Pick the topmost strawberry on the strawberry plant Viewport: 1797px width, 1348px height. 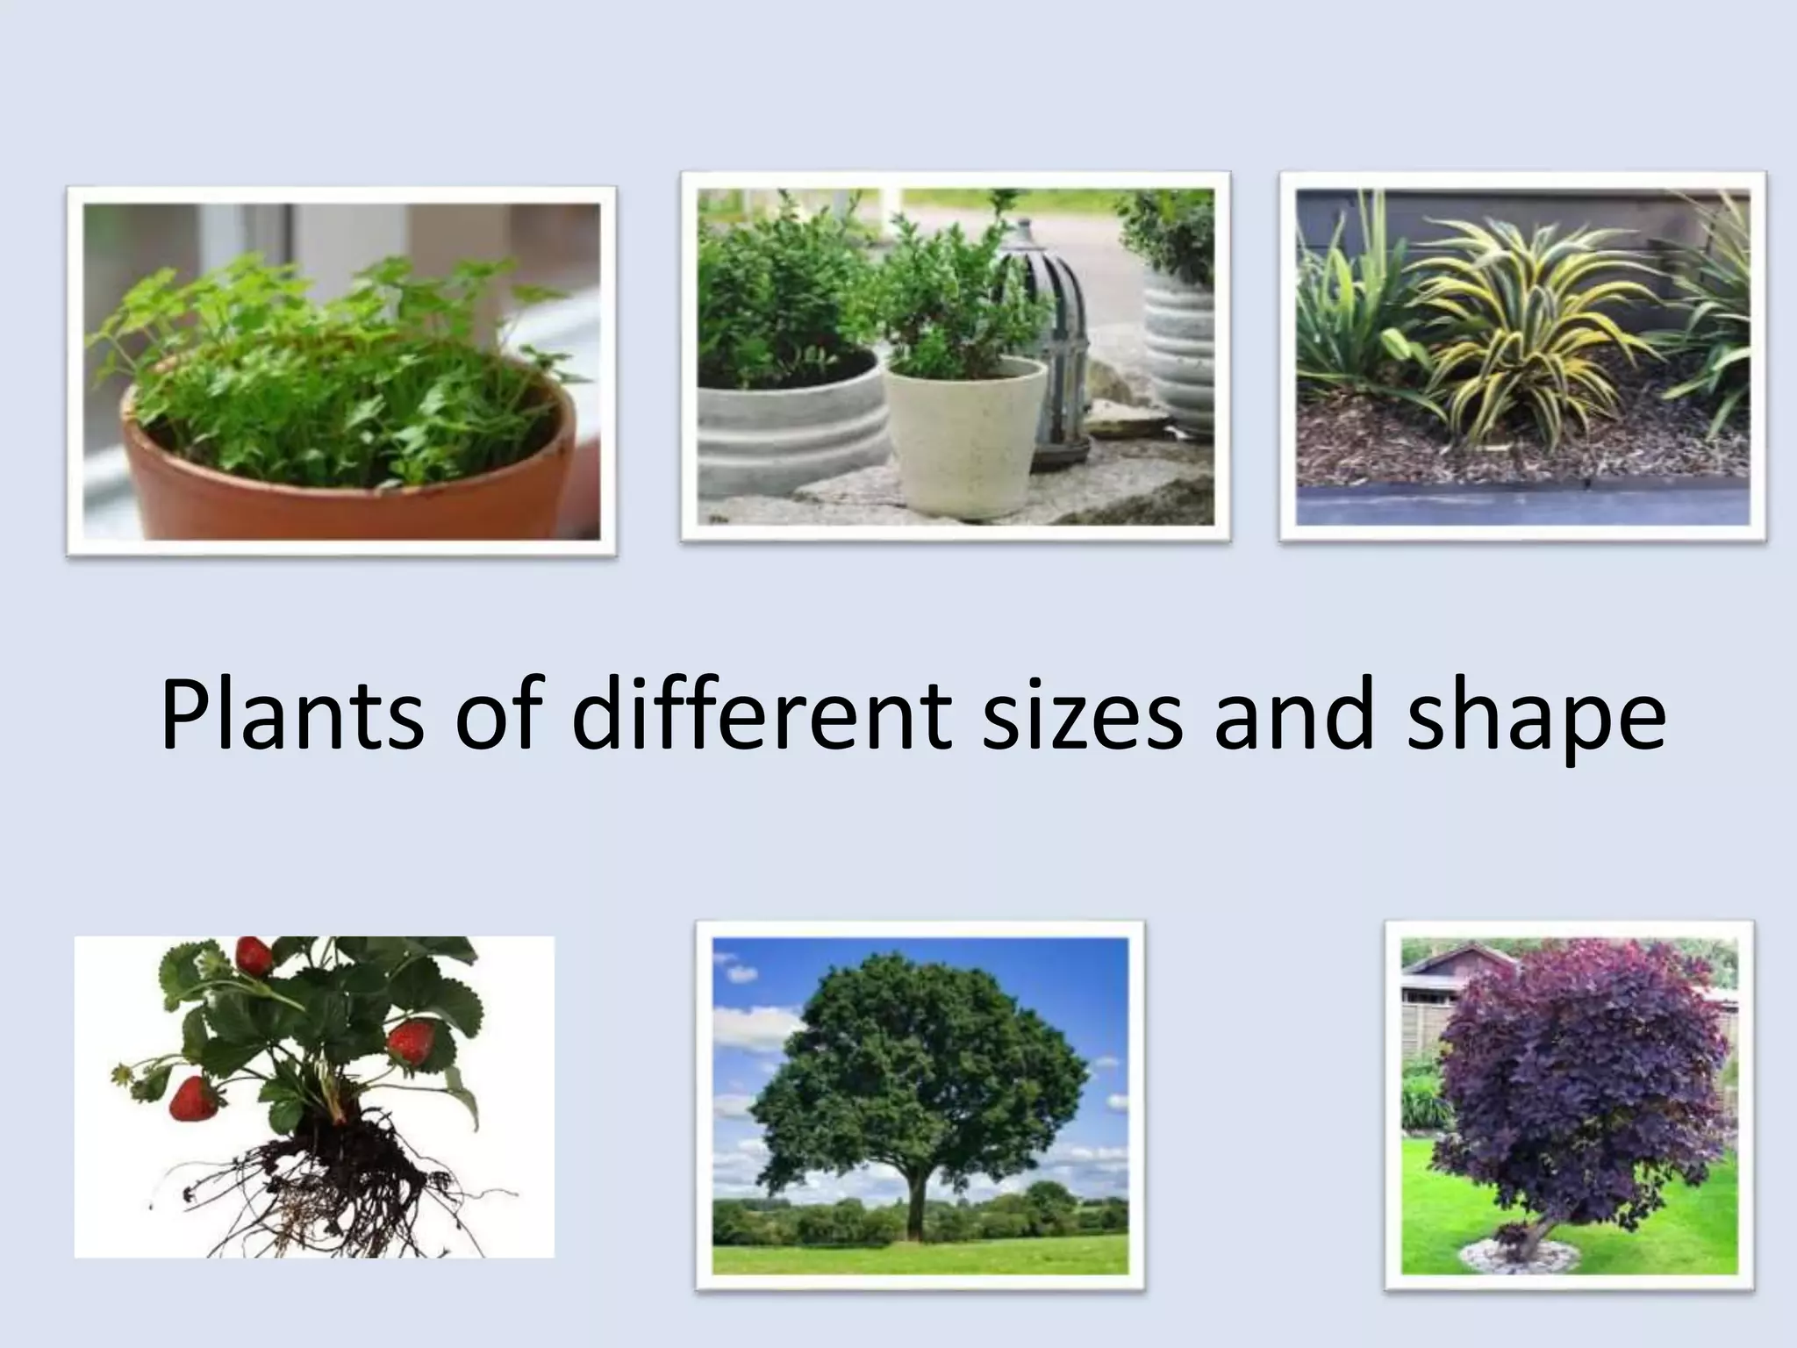click(x=254, y=955)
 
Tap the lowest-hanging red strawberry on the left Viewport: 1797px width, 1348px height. click(x=193, y=1098)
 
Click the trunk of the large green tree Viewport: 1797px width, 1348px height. click(x=918, y=1207)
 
